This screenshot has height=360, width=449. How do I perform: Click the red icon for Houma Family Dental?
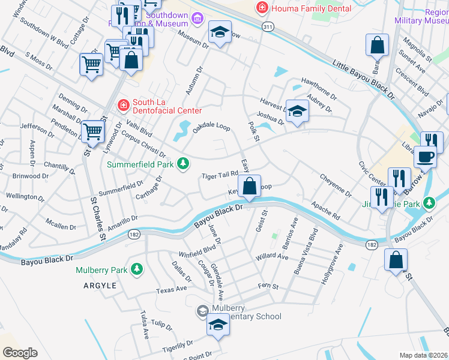[262, 8]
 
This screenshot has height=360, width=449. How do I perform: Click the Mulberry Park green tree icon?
[137, 269]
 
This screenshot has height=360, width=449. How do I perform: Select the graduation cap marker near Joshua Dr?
[297, 110]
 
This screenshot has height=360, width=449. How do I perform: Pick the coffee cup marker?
[425, 157]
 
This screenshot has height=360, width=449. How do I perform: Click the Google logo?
[20, 353]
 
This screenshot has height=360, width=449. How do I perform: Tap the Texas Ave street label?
[171, 289]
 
